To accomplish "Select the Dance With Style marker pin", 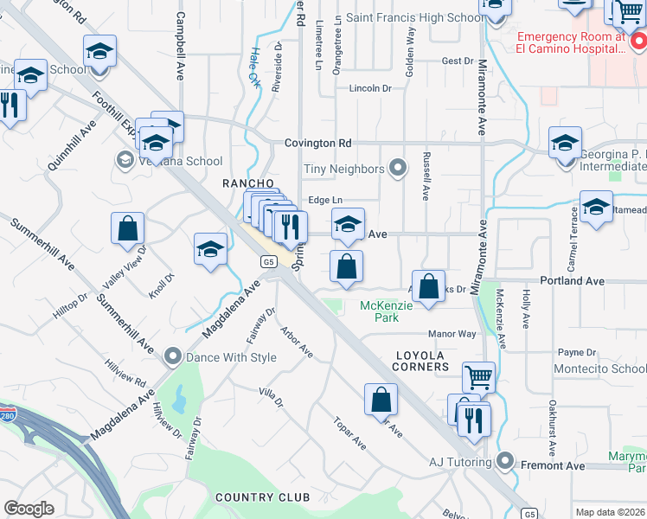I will click(173, 356).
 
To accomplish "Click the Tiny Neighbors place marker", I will click(397, 168).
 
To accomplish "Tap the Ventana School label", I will click(179, 161).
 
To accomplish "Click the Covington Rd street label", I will click(320, 143).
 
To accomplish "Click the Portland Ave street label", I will click(571, 281).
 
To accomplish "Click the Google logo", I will click(29, 509).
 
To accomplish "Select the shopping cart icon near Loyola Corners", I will click(478, 377).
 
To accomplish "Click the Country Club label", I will click(262, 497).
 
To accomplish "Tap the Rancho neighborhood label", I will click(248, 183).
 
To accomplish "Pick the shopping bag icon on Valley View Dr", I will click(127, 229).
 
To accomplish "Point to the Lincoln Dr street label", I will click(370, 88).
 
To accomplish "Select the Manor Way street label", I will click(452, 334).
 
